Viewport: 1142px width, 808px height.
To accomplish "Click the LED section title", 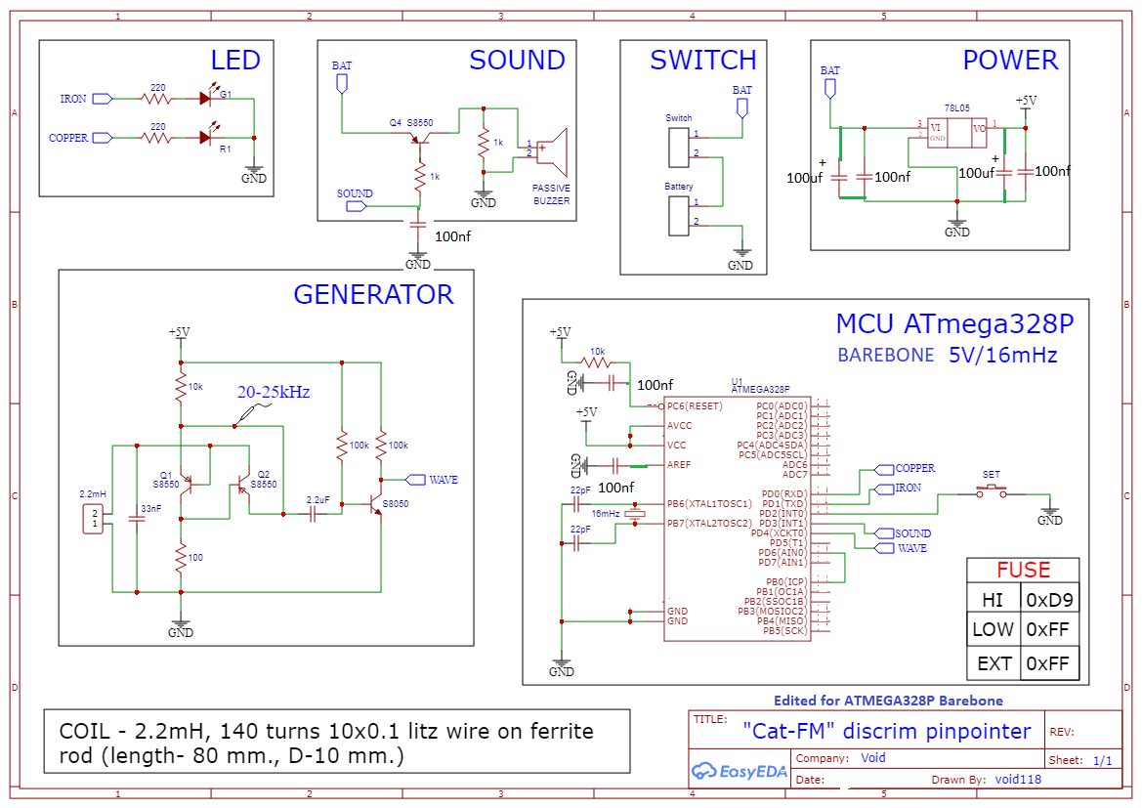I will coord(235,61).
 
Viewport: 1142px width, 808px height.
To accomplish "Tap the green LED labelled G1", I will coord(206,98).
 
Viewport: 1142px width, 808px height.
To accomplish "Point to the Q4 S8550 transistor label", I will coord(410,123).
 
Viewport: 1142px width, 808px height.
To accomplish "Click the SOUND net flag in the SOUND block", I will coord(355,194).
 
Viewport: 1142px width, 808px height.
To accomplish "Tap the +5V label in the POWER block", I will coord(1026,101).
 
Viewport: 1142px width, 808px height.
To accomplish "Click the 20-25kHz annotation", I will coord(274,392).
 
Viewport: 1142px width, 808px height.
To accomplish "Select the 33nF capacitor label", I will coord(151,509).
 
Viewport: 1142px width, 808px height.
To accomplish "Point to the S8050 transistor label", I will coord(396,504).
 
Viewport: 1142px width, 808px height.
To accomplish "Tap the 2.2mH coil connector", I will coord(95,519).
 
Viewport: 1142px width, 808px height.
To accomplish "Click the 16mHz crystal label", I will coord(607,513).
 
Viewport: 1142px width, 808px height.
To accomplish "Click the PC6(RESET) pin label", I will coord(693,406).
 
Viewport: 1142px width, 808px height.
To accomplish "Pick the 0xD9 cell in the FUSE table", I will coord(1049,600).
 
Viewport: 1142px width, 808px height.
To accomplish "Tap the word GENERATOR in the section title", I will coord(373,295).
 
